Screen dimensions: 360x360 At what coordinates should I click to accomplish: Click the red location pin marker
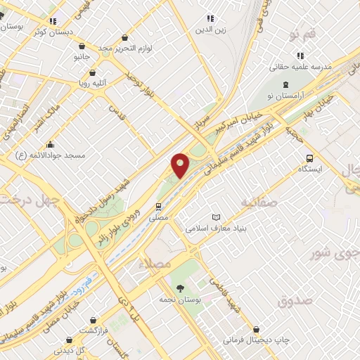[x=181, y=166]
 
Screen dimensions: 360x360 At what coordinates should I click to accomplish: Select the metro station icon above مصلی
[x=159, y=207]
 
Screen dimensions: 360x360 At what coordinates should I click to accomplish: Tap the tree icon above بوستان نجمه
[x=181, y=288]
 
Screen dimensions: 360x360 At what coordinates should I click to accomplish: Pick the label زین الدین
[x=209, y=30]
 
